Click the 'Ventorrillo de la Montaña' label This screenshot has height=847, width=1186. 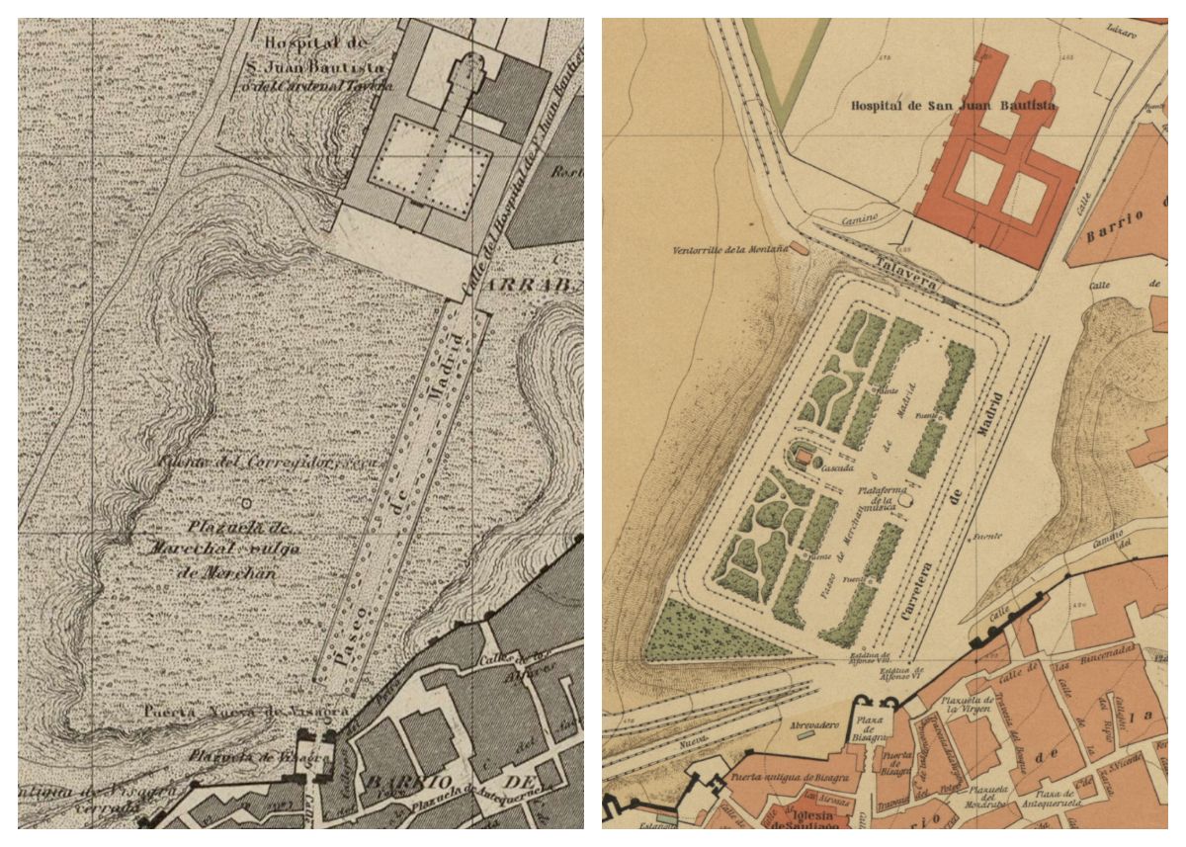point(729,249)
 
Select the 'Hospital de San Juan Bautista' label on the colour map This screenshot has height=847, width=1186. point(953,104)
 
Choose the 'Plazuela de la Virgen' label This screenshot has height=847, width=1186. point(955,704)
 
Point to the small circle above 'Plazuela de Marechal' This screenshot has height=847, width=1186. point(245,502)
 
